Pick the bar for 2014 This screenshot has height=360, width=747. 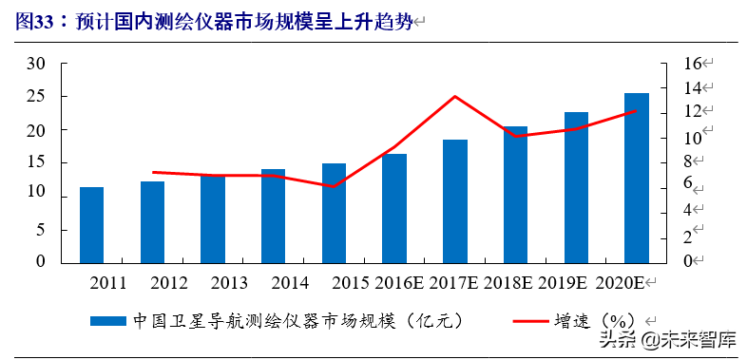coord(273,216)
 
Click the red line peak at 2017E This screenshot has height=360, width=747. coord(454,96)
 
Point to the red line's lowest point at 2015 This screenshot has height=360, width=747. coord(333,186)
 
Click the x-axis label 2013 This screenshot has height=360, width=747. coord(228,283)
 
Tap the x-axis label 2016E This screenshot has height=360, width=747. coord(396,283)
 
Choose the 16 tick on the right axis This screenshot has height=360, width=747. coord(692,64)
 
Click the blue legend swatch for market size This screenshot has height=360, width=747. coord(107,321)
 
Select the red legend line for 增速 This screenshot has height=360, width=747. coord(513,321)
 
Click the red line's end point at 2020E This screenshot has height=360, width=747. coord(636,111)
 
